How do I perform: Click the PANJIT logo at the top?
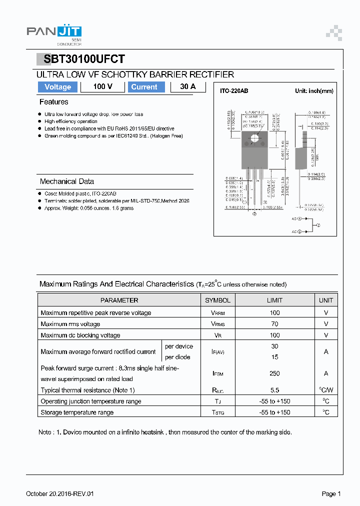tap(54, 33)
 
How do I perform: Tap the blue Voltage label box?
tap(57, 87)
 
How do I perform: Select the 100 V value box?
tap(102, 87)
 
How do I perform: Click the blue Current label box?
tap(144, 87)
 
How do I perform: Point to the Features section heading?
tap(53, 102)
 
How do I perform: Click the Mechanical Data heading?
tap(66, 181)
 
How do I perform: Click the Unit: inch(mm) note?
tap(314, 91)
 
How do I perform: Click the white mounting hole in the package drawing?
tap(254, 138)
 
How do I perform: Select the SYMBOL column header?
tap(217, 300)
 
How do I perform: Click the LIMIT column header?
tap(274, 300)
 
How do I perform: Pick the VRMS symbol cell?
tap(217, 324)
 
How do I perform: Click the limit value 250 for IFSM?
tap(274, 373)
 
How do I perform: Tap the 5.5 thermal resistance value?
tap(274, 390)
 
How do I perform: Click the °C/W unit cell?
tap(326, 390)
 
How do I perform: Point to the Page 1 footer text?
tap(331, 494)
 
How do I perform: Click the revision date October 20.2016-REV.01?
tap(59, 494)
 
